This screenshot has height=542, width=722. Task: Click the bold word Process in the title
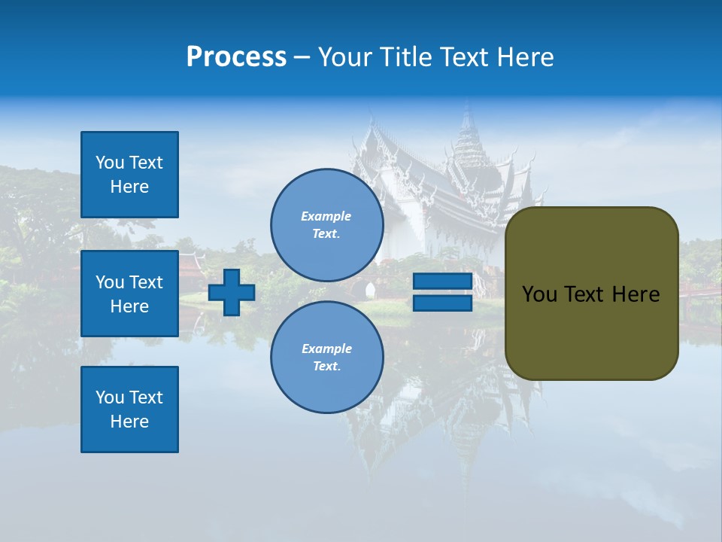236,57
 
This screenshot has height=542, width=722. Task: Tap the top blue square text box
129,175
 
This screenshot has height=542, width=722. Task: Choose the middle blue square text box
129,294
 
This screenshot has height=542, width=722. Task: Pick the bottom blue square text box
129,410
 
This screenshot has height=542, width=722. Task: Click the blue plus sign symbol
232,292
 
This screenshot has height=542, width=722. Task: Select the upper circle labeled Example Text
326,225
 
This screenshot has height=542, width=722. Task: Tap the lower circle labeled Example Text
326,358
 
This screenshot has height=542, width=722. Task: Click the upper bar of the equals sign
442,282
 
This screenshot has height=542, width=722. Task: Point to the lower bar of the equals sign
442,303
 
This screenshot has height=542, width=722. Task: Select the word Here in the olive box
636,294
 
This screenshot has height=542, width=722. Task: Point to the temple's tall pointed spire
469,128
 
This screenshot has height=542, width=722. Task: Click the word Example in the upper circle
326,216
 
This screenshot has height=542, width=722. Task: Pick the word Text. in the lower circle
326,367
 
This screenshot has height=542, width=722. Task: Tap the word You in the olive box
540,294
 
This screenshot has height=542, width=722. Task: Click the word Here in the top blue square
129,187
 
